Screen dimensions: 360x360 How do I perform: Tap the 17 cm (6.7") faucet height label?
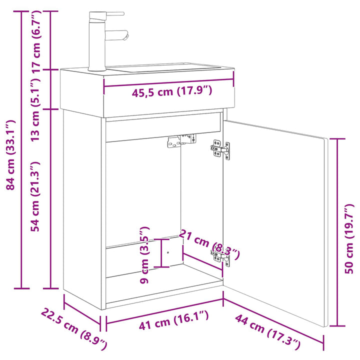tap(36, 42)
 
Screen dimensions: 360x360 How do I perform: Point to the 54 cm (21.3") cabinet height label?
tap(35, 196)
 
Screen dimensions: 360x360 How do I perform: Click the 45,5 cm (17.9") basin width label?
tap(171, 91)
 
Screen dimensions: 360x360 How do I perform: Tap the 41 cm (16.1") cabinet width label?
tap(174, 320)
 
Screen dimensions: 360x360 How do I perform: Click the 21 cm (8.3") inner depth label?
tap(209, 244)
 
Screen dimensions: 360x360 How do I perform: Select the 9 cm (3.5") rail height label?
tap(144, 255)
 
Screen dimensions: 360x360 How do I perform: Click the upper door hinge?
tap(220, 149)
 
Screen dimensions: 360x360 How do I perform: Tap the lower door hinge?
tap(220, 257)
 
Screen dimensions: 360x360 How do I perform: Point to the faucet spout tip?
tap(126, 36)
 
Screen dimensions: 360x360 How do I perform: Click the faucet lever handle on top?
tap(115, 13)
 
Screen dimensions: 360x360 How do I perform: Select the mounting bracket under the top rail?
tap(181, 140)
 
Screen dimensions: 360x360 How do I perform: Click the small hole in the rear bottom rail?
tap(168, 252)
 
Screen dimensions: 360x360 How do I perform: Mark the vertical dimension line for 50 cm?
tap(337, 232)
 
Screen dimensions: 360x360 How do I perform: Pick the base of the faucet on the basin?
tap(97, 68)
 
